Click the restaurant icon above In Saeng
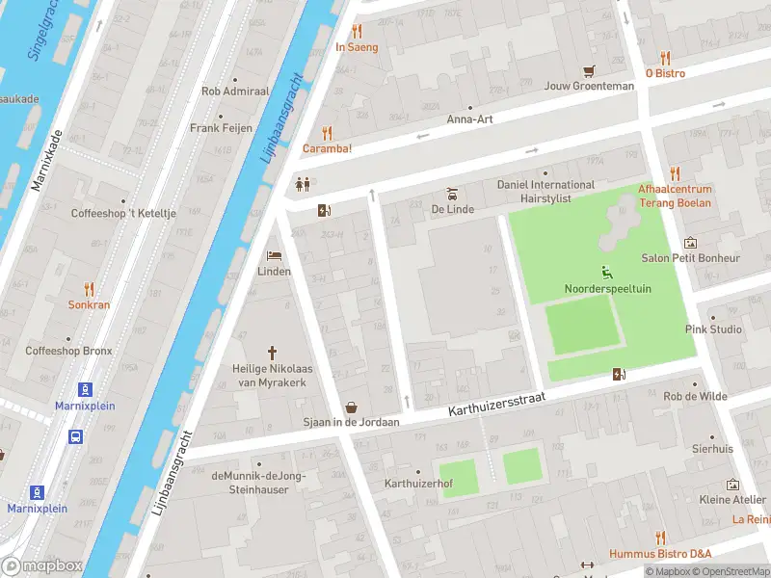tap(357, 31)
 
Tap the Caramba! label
tap(327, 148)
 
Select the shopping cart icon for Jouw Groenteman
tap(590, 70)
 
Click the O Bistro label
tap(665, 73)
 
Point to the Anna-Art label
tap(469, 120)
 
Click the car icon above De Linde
tap(450, 193)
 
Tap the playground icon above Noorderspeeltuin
tap(607, 273)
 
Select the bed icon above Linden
tap(274, 256)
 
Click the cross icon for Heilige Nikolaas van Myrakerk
tap(273, 353)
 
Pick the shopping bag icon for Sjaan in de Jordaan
tap(352, 407)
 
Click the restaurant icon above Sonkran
tap(89, 288)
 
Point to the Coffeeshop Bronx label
tap(68, 351)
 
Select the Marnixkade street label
tap(46, 159)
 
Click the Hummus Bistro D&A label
tap(660, 553)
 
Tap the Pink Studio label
tap(713, 329)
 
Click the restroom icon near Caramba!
tap(303, 184)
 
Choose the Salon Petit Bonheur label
tap(691, 258)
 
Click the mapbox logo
tap(42, 566)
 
